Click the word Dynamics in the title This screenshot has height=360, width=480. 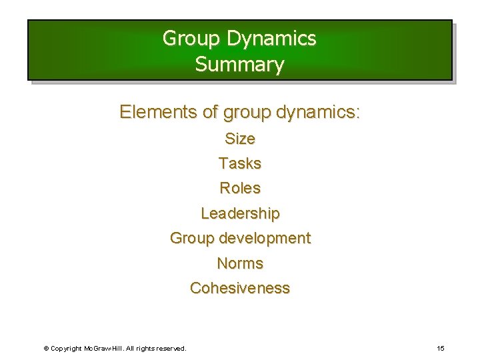point(271,39)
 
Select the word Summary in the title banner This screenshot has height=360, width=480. point(240,65)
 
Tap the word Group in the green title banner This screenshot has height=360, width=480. point(192,39)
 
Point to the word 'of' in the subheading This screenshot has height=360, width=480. point(210,112)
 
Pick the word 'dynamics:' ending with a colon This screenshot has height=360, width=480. point(315,112)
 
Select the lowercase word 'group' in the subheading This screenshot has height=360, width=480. point(244,113)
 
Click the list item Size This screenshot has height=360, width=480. point(240,139)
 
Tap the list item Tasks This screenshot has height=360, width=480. point(240,163)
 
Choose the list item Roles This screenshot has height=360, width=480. point(240,188)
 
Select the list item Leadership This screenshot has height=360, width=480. point(240,213)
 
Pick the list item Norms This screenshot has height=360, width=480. point(240,263)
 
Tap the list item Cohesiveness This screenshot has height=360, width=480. point(240,288)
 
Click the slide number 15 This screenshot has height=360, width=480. point(441,348)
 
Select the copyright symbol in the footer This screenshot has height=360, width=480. point(45,349)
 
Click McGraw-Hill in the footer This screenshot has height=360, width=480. point(105,349)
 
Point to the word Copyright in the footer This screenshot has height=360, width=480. point(67,349)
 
